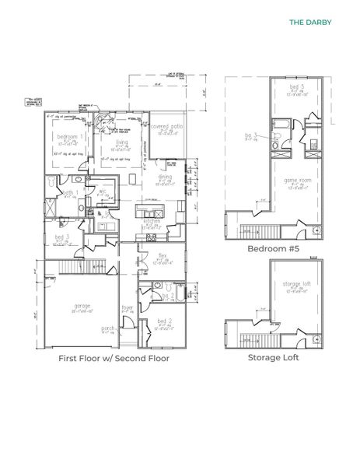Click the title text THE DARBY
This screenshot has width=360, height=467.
(x=309, y=22)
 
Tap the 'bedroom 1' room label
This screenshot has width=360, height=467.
(x=72, y=135)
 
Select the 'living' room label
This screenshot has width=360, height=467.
(x=121, y=142)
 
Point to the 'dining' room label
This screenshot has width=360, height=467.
(x=166, y=178)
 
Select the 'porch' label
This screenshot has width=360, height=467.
(x=109, y=328)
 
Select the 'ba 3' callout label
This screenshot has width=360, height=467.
(x=250, y=135)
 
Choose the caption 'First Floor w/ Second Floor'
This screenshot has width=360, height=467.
(x=114, y=360)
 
